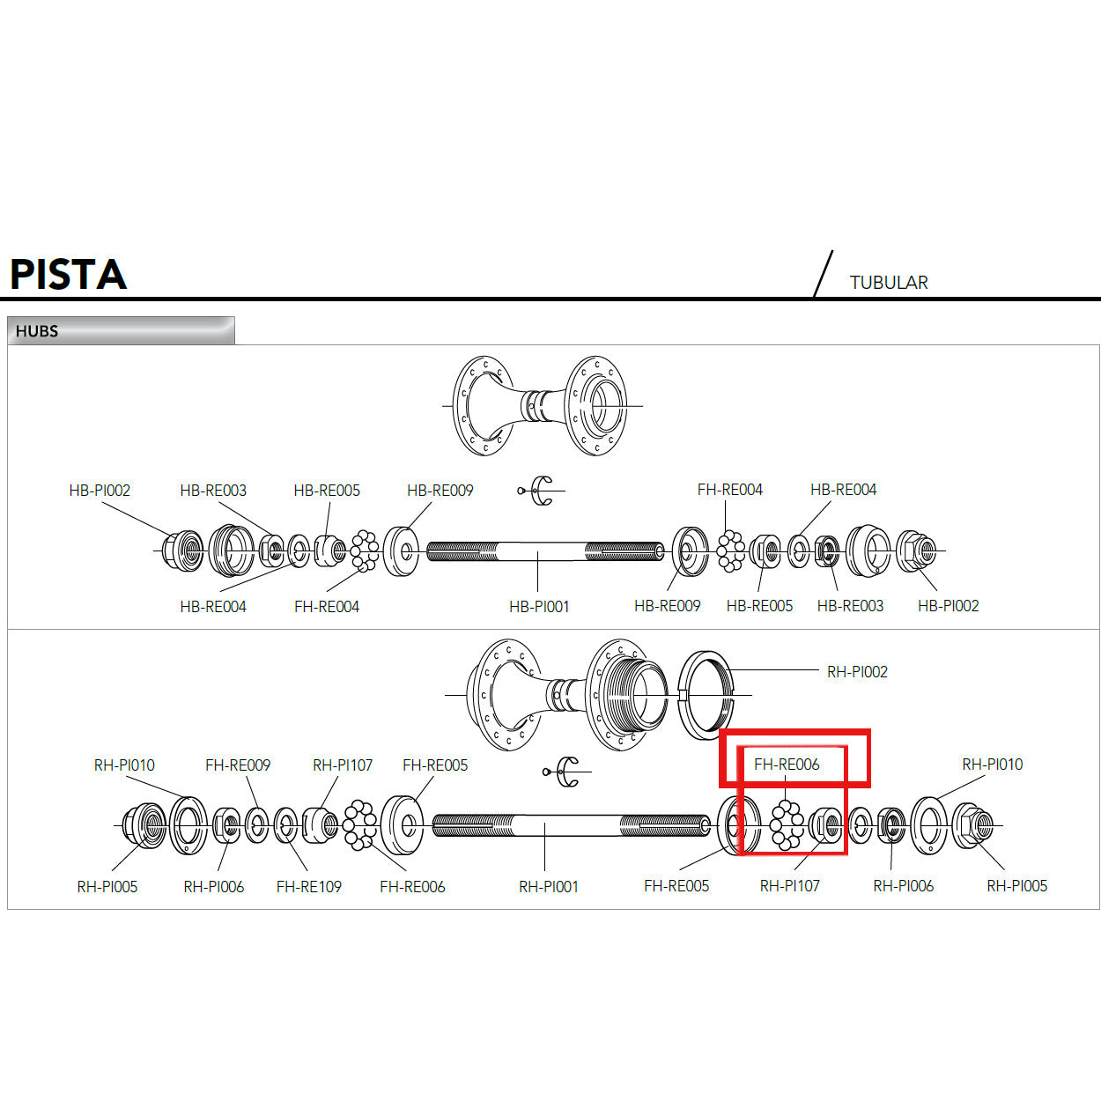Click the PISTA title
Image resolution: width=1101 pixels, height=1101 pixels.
pyautogui.click(x=68, y=274)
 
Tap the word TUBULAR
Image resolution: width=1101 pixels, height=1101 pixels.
pyautogui.click(x=888, y=283)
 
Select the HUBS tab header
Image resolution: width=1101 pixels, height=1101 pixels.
pyautogui.click(x=37, y=331)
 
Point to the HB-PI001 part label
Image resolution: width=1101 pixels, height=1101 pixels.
pyautogui.click(x=539, y=607)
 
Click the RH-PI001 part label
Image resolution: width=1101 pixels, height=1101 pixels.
pyautogui.click(x=548, y=887)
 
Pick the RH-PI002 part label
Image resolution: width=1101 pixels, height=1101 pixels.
pyautogui.click(x=857, y=672)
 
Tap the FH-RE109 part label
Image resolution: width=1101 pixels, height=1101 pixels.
pyautogui.click(x=308, y=887)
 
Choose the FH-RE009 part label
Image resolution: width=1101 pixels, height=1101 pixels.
pyautogui.click(x=238, y=765)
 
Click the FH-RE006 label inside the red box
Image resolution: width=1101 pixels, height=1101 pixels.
pyautogui.click(x=787, y=765)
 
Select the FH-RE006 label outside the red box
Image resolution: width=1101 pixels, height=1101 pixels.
pyautogui.click(x=412, y=887)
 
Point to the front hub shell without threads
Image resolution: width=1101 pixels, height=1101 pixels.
pyautogui.click(x=539, y=406)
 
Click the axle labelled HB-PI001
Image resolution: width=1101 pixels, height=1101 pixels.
pyautogui.click(x=543, y=552)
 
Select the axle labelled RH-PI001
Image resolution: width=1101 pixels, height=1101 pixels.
pyautogui.click(x=570, y=826)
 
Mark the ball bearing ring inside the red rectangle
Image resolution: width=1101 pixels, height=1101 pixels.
pyautogui.click(x=786, y=825)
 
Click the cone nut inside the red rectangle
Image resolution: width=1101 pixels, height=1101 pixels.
pyautogui.click(x=825, y=825)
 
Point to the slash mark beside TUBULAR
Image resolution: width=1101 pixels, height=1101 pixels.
pyautogui.click(x=823, y=274)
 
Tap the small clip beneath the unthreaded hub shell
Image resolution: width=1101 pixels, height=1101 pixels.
pyautogui.click(x=539, y=491)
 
